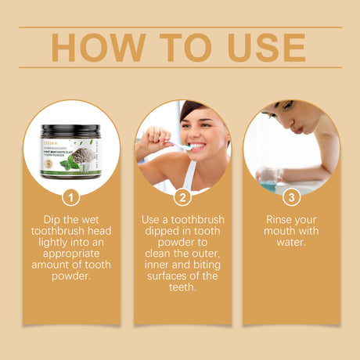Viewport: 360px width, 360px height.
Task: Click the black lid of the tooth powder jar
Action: tap(72, 131)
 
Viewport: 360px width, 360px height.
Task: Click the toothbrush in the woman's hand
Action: tap(174, 146)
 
